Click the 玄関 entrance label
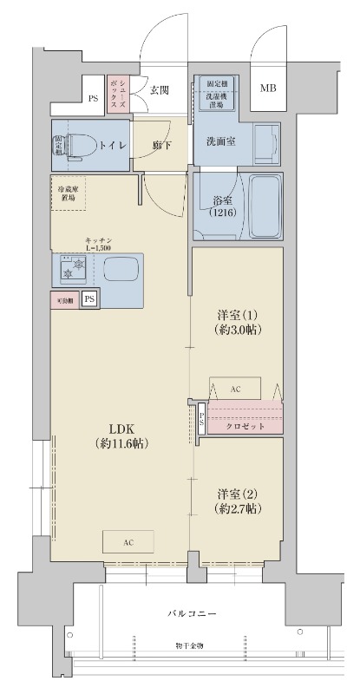[x=158, y=89]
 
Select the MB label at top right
[x=269, y=88]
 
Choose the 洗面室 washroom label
[x=223, y=141]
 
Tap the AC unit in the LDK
[x=128, y=541]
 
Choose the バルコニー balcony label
[x=192, y=613]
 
